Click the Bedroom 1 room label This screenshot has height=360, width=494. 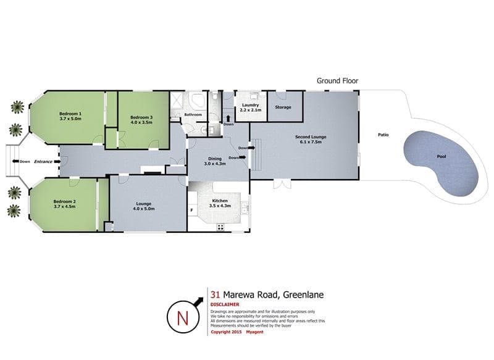[70, 114]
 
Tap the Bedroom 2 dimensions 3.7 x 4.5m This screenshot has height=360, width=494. [65, 207]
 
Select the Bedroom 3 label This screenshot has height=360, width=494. [141, 117]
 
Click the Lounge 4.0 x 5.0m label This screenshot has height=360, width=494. [144, 206]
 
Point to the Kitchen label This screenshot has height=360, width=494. [220, 201]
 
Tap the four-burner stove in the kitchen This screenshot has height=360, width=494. [220, 227]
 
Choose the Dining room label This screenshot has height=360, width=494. [215, 159]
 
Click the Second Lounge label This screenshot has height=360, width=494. [311, 137]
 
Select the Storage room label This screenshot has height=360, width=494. [283, 107]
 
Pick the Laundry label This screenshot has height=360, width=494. [251, 105]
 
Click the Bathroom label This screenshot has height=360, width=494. [193, 115]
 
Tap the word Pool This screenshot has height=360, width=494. [442, 157]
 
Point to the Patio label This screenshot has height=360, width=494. [383, 135]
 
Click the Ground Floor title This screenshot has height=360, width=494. [337, 81]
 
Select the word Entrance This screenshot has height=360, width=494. [43, 162]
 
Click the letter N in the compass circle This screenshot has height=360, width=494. [183, 318]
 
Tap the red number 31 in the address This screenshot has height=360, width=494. [215, 295]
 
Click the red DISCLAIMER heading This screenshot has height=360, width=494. [225, 304]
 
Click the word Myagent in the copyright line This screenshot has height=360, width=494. [254, 332]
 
